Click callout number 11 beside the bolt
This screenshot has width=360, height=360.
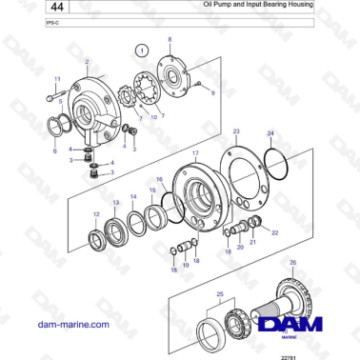tap(56, 79)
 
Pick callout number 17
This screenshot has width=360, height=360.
tap(195, 152)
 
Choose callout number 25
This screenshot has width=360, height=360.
tap(221, 295)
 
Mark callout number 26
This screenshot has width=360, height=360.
tap(292, 262)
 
